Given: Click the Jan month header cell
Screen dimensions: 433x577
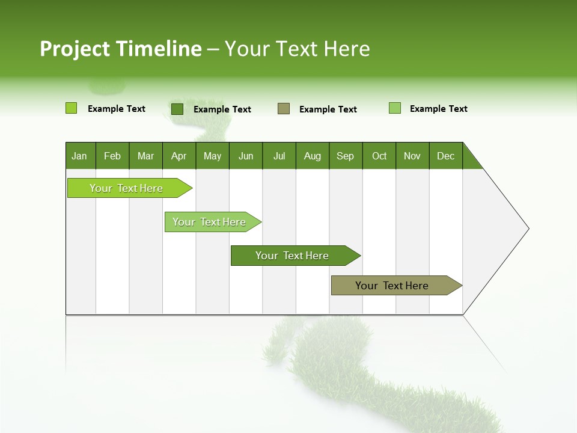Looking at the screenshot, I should (x=80, y=156).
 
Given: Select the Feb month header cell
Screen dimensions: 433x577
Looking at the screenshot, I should (x=112, y=156).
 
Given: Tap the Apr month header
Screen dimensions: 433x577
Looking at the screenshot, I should (x=179, y=156).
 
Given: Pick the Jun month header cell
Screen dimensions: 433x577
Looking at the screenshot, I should (x=246, y=156).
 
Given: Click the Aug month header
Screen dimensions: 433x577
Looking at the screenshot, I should (x=313, y=156).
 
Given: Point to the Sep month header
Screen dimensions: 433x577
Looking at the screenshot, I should (x=346, y=156).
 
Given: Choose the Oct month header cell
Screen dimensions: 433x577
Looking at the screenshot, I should (x=379, y=156).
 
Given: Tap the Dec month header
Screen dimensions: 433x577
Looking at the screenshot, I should (x=446, y=156).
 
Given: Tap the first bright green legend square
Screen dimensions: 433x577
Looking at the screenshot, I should (x=71, y=108).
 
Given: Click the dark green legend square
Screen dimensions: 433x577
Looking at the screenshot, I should (x=177, y=109).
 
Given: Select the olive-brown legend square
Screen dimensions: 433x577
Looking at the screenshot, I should (x=284, y=109).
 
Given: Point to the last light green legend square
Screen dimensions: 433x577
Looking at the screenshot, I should (x=395, y=108).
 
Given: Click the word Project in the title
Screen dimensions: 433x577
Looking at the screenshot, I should (x=76, y=49).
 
